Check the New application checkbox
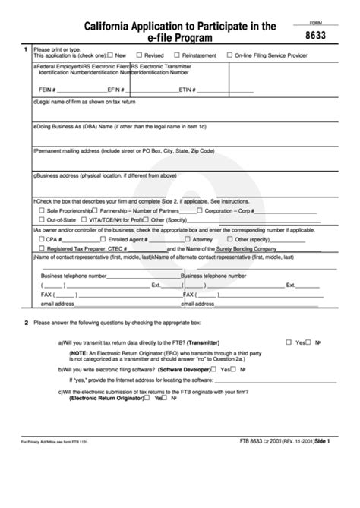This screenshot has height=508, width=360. (111, 55)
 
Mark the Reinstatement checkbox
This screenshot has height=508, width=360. (189, 55)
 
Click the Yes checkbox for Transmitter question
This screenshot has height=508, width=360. (289, 342)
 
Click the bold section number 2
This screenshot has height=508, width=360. (26, 322)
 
